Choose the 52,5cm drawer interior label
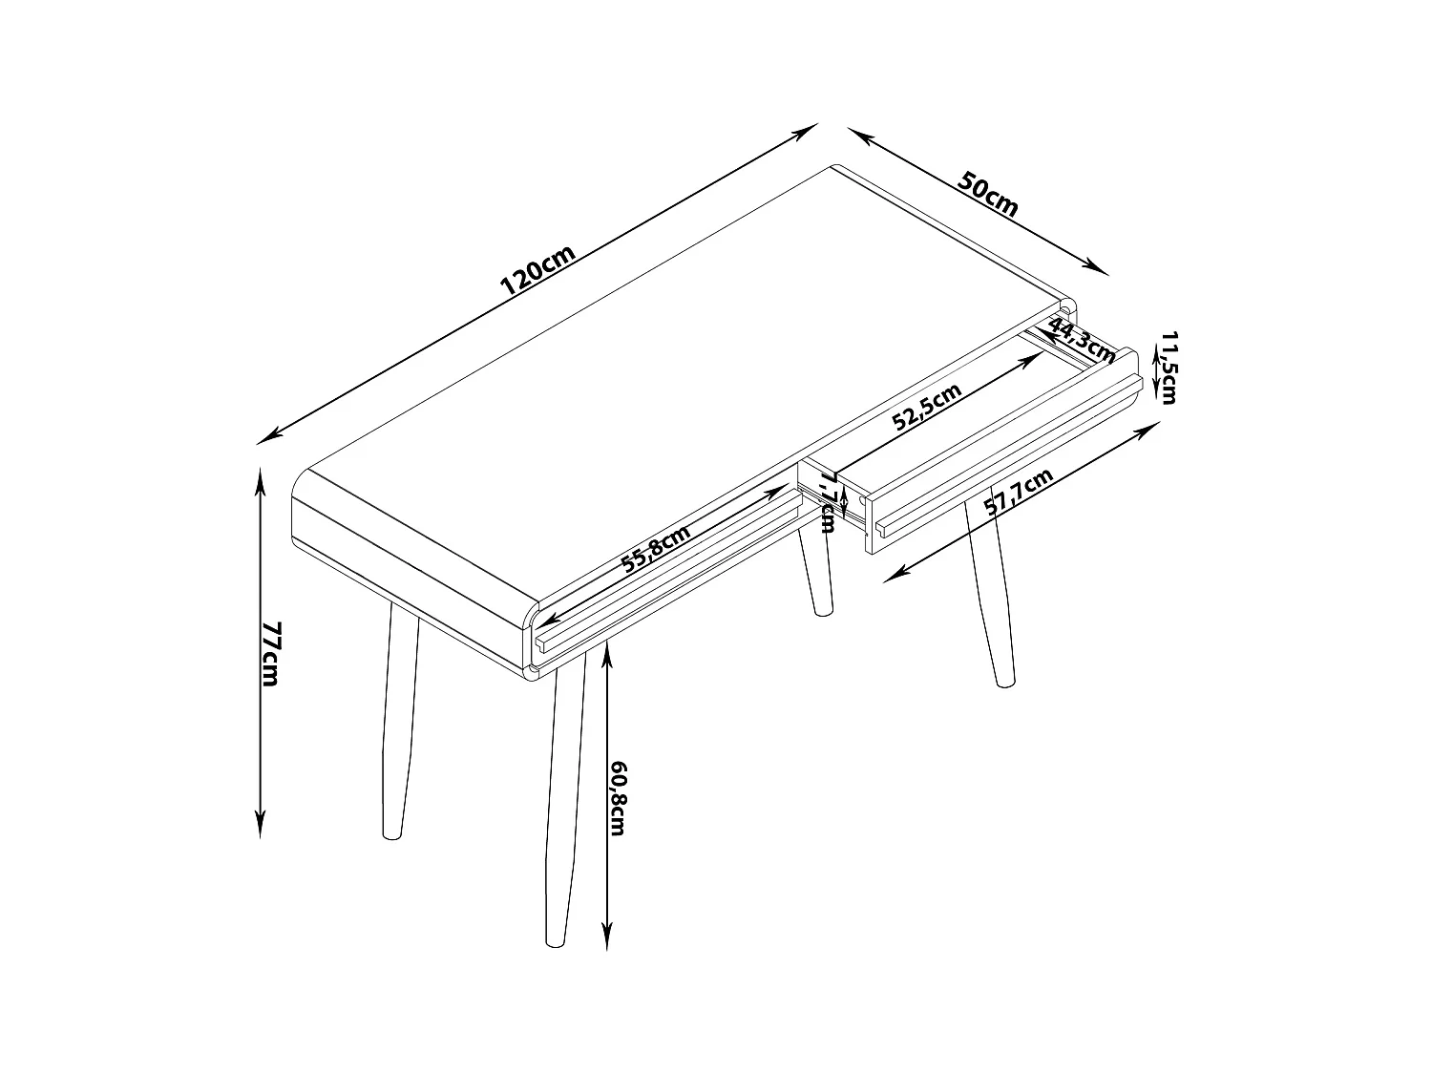[x=927, y=407]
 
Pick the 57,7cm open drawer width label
[x=1019, y=493]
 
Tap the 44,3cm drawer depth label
[x=1082, y=341]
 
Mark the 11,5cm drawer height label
[x=1169, y=368]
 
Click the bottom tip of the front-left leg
[x=555, y=943]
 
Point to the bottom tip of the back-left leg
[x=391, y=836]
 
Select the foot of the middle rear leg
[x=824, y=611]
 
